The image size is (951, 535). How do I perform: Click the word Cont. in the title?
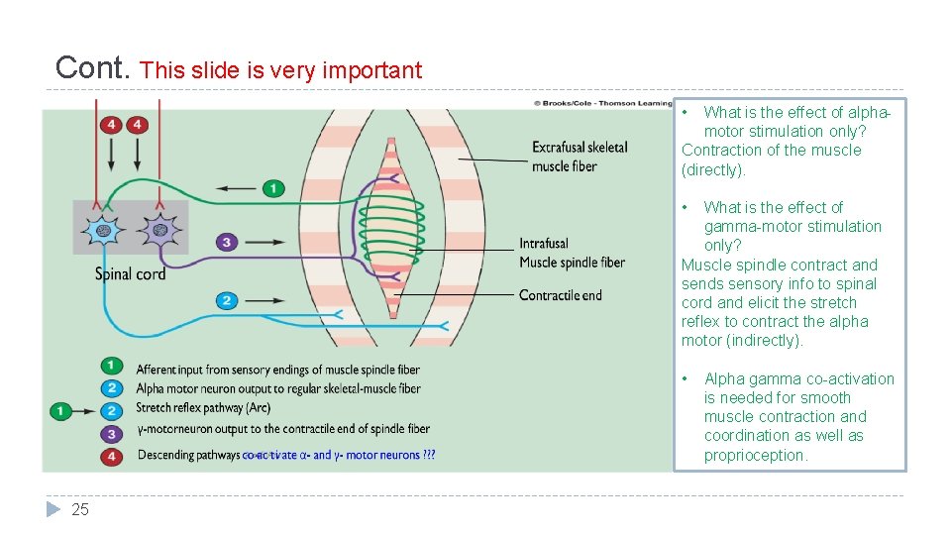pos(93,67)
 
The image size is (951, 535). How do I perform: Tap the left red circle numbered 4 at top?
pos(111,125)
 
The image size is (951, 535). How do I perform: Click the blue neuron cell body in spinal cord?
pos(104,230)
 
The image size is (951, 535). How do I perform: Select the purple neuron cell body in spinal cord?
pos(158,230)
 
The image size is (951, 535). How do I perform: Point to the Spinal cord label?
pos(130,273)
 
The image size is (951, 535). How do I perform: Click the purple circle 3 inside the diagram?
pos(227,242)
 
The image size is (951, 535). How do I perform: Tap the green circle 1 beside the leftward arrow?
pos(273,187)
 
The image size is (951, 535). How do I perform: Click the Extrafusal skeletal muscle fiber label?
pos(580,157)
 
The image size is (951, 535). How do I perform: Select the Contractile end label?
pos(560,295)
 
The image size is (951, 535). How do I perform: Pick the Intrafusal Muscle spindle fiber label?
pos(572,253)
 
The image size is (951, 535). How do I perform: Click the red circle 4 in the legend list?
pos(112,455)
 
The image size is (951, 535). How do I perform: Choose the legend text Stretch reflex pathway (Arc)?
pos(203,407)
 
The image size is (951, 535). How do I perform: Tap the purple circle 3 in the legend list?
pos(112,432)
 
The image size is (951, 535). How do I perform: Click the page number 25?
pos(80,509)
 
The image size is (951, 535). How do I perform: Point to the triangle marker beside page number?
pos(53,509)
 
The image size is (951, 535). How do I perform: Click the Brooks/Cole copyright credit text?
pos(602,102)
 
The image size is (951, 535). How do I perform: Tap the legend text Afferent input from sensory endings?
pos(277,370)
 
